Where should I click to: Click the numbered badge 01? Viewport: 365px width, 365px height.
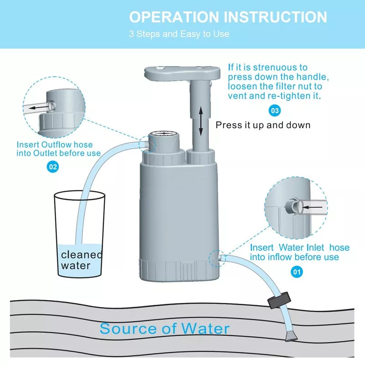tap(297, 272)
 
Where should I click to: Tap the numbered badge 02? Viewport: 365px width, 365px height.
tap(53, 167)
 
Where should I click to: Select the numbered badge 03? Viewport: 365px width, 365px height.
tap(275, 110)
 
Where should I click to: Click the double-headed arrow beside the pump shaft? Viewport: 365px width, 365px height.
tap(200, 121)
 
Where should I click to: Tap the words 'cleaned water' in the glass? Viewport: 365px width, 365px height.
tap(82, 260)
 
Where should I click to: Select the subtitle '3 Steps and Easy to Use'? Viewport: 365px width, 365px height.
tap(179, 34)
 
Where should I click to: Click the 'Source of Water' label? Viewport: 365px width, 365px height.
tap(164, 328)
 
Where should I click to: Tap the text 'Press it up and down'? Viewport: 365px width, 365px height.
tap(263, 125)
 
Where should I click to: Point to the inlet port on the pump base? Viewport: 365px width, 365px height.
tap(220, 258)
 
